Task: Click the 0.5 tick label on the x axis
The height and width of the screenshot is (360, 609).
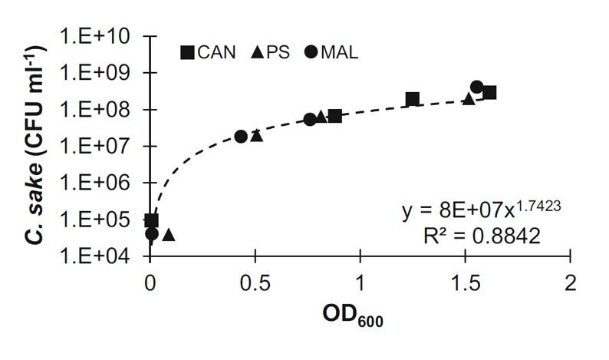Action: [x=255, y=281]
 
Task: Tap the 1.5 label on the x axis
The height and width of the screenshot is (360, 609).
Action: [x=465, y=281]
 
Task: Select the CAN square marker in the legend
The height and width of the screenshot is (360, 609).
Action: [x=187, y=52]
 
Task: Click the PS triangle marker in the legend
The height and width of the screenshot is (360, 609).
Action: [x=258, y=52]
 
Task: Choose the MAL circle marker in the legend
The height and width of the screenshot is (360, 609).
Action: [x=309, y=52]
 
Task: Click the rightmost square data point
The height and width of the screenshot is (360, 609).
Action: [x=489, y=92]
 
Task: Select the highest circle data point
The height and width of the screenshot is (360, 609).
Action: [x=476, y=87]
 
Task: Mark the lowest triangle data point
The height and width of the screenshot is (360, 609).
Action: [x=169, y=234]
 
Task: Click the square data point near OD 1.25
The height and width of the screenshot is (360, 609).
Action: [x=413, y=98]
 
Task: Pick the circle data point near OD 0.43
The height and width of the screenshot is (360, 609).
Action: [x=241, y=136]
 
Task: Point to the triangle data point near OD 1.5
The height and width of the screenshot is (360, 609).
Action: [x=469, y=98]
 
